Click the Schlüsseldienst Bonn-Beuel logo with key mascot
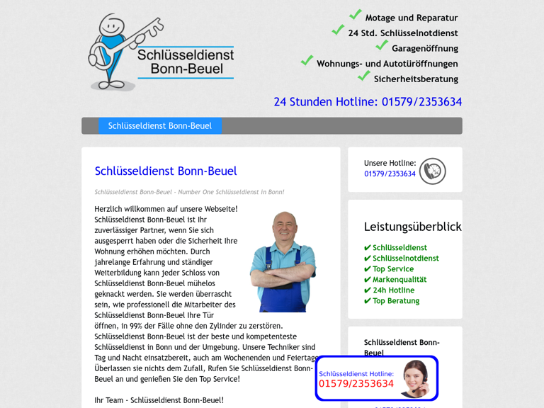(x=161, y=53)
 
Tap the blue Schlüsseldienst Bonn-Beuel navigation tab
(x=160, y=126)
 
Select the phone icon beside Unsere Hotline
(x=432, y=171)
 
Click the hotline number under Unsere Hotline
(x=390, y=174)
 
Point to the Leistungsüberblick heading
(x=412, y=227)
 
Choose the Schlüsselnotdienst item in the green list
(x=405, y=259)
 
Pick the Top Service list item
(x=392, y=269)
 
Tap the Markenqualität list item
(x=399, y=280)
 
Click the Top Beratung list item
(x=395, y=301)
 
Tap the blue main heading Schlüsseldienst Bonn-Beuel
(x=166, y=171)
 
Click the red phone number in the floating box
(x=356, y=384)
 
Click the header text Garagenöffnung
(x=425, y=49)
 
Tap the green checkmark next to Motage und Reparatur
(x=356, y=15)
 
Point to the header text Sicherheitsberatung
(x=416, y=79)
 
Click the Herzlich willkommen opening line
(x=166, y=209)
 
